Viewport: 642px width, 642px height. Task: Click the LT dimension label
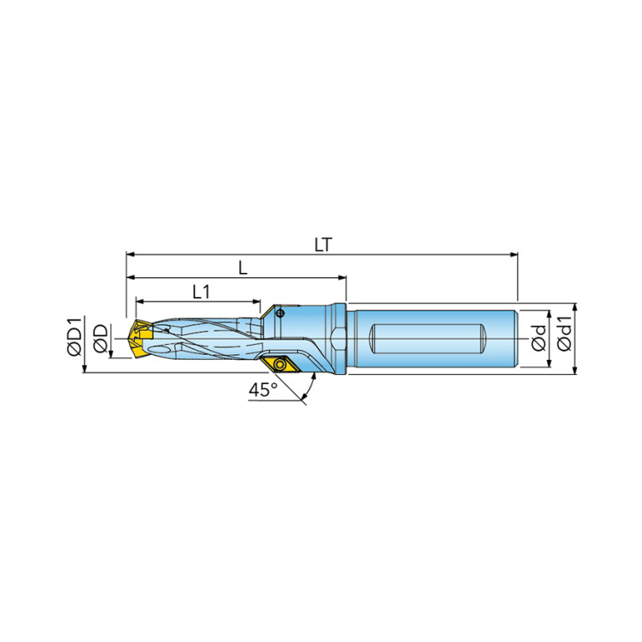point(323,245)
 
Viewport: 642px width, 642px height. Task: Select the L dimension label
point(244,268)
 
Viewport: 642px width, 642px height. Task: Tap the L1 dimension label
point(201,292)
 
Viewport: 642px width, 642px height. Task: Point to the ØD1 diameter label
point(75,336)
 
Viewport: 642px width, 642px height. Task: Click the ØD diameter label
point(100,338)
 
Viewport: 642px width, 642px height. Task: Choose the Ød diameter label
point(539,338)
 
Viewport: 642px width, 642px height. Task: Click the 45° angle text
point(264,389)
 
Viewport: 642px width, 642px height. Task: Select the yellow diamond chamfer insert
point(280,364)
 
